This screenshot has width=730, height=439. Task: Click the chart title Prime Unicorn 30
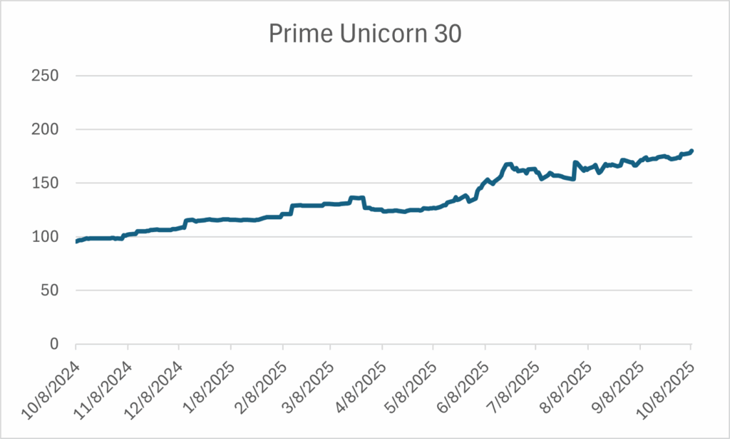[x=365, y=34]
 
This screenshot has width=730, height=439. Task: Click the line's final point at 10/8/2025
[x=692, y=151]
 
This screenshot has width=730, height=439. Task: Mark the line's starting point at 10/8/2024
[x=76, y=241]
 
